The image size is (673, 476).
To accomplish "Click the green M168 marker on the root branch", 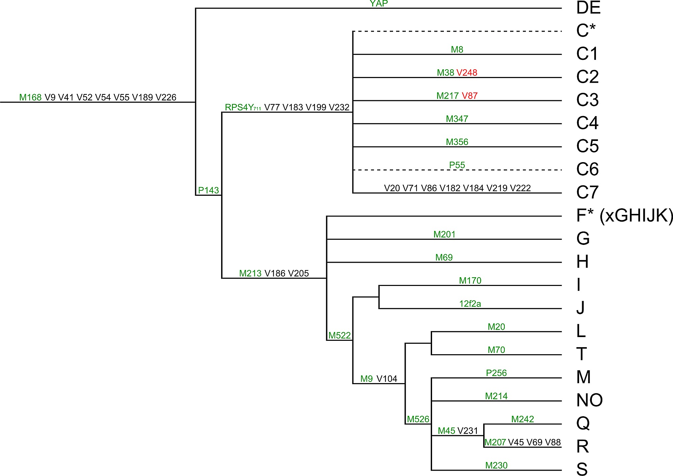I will pyautogui.click(x=30, y=98).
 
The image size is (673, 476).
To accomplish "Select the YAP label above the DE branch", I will pyautogui.click(x=379, y=4).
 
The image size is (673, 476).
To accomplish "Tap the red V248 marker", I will pyautogui.click(x=467, y=73).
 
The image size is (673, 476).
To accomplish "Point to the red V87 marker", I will pyautogui.click(x=470, y=96).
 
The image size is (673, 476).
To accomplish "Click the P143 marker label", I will pyautogui.click(x=208, y=190).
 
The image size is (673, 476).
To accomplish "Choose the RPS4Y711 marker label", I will pyautogui.click(x=243, y=108).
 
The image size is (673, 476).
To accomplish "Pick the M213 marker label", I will pyautogui.click(x=250, y=273).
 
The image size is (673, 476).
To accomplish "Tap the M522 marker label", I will pyautogui.click(x=340, y=335).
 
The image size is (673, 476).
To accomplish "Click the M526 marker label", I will pyautogui.click(x=418, y=419).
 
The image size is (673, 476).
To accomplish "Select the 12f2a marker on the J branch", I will pyautogui.click(x=470, y=304).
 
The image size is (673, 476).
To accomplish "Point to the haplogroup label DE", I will pyautogui.click(x=588, y=8).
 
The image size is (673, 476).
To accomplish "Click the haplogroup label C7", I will pyautogui.click(x=587, y=192).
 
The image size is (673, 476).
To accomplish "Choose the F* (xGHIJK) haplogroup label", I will pyautogui.click(x=625, y=216).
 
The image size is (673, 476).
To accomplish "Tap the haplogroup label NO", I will pyautogui.click(x=589, y=400).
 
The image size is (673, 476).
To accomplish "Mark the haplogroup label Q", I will pyautogui.click(x=583, y=423).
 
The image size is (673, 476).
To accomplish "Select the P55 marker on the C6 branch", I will pyautogui.click(x=457, y=165).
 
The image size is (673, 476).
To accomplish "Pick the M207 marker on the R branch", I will pyautogui.click(x=495, y=442).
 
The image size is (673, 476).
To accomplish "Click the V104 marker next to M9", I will pyautogui.click(x=387, y=379).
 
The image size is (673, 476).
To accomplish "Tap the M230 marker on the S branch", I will pyautogui.click(x=496, y=466).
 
